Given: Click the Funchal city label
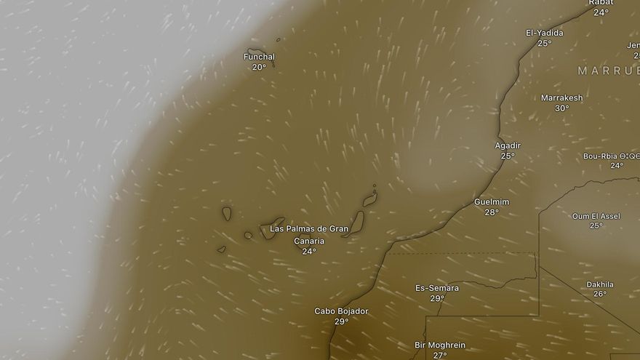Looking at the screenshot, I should [x=260, y=57].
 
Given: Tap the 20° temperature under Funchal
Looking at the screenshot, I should [x=259, y=67].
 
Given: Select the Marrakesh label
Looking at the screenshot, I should [x=561, y=98].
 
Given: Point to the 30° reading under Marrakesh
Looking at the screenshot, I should [x=561, y=108].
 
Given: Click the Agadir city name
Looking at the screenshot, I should [x=508, y=145].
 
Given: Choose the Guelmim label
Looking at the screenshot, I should [x=492, y=202].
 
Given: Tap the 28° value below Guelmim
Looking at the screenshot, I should [x=492, y=212].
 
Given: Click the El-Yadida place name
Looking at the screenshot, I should [x=545, y=33].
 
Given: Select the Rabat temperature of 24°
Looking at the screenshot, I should [x=601, y=12].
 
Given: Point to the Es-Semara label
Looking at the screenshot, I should [x=437, y=288].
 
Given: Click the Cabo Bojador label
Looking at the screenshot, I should [x=341, y=311].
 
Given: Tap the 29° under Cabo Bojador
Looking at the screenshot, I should [x=341, y=321].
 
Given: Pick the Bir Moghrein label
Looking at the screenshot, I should [x=440, y=345].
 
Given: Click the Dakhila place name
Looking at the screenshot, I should [x=600, y=284].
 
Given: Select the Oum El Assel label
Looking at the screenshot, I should [x=596, y=216].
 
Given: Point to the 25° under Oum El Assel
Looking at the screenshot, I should [x=596, y=226].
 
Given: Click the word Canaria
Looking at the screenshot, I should [x=309, y=241].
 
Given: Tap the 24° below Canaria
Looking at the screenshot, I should [x=309, y=252].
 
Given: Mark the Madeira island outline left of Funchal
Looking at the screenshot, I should [x=255, y=52].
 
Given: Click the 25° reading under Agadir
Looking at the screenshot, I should [x=508, y=156].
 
